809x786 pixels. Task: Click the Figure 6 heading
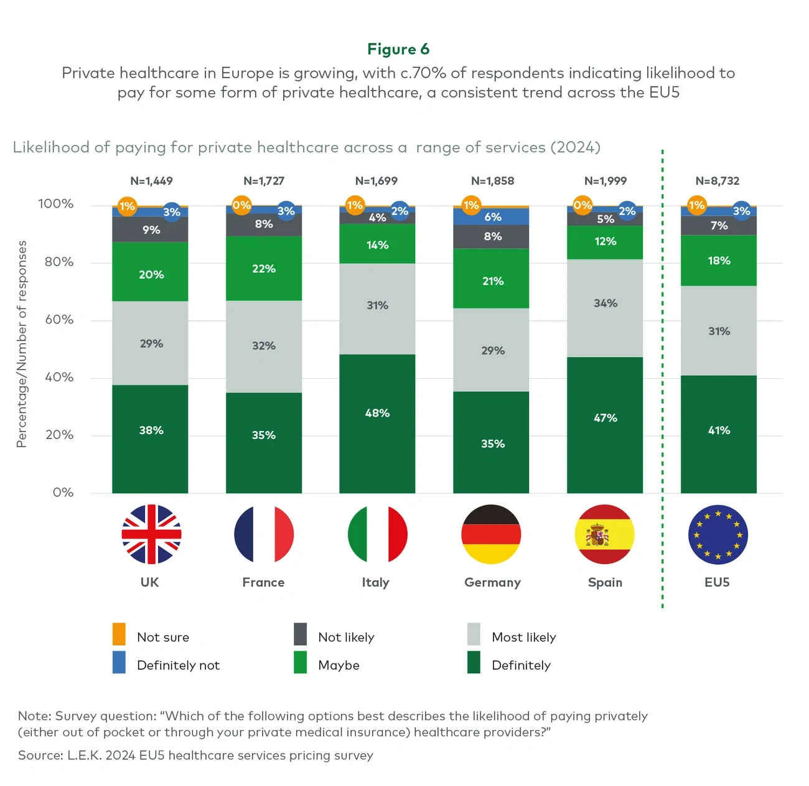pyautogui.click(x=398, y=49)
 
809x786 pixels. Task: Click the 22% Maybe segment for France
pyautogui.click(x=264, y=269)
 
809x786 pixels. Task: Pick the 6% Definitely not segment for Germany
pyautogui.click(x=492, y=216)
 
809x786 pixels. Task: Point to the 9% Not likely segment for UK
pyautogui.click(x=151, y=229)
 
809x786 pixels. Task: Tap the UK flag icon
pyautogui.click(x=151, y=534)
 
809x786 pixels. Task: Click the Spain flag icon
pyautogui.click(x=605, y=534)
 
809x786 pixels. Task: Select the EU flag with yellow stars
pyautogui.click(x=718, y=534)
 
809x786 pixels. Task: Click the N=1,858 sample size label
pyautogui.click(x=492, y=181)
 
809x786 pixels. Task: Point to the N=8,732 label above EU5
pyautogui.click(x=718, y=181)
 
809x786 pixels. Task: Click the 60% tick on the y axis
pyautogui.click(x=58, y=320)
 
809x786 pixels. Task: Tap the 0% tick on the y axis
pyautogui.click(x=63, y=492)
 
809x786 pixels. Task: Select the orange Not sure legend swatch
pyautogui.click(x=119, y=634)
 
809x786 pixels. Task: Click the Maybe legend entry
pyautogui.click(x=339, y=665)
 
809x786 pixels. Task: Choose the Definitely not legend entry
pyautogui.click(x=178, y=665)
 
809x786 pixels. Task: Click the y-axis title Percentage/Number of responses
pyautogui.click(x=22, y=344)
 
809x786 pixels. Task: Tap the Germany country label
pyautogui.click(x=492, y=582)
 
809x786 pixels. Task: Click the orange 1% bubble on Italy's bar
pyautogui.click(x=355, y=205)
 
